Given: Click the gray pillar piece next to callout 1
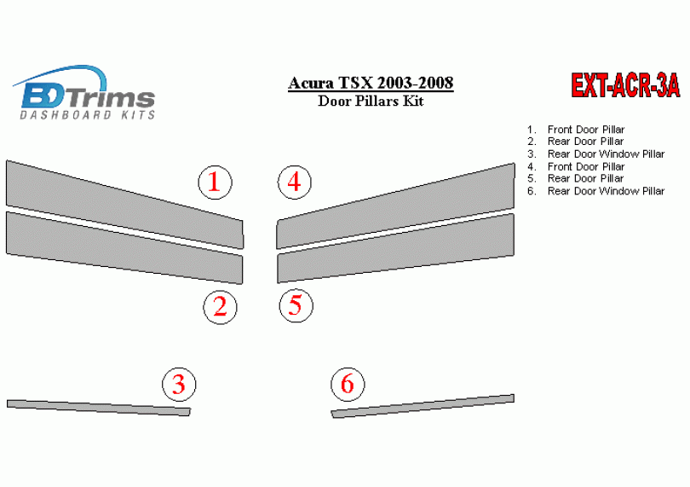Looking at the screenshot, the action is tap(124, 205).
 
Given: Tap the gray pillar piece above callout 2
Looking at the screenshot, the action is tap(124, 247).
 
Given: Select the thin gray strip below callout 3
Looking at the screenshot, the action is tap(99, 408).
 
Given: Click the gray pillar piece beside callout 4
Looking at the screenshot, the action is tap(395, 206).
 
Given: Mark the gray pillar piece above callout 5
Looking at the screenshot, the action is tap(395, 248).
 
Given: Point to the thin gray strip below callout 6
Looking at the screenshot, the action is tap(423, 406).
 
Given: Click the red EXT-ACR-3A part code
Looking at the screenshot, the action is tap(625, 85).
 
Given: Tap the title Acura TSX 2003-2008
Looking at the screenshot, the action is tap(371, 83).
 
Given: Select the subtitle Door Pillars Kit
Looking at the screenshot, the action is tap(371, 101).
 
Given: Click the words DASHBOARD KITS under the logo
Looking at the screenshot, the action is tap(87, 115).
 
